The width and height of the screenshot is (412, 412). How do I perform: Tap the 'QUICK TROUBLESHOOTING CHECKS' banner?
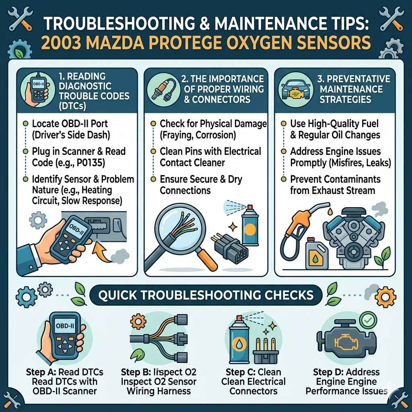pos(206,295)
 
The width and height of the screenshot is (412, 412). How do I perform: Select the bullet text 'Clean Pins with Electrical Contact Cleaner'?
pos(210,157)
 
